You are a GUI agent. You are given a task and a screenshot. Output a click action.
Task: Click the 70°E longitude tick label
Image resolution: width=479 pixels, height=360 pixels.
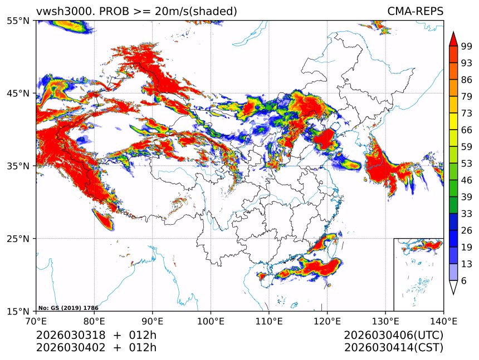[36, 321]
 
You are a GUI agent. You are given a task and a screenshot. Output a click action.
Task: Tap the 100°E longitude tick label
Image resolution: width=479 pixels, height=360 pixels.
[211, 321]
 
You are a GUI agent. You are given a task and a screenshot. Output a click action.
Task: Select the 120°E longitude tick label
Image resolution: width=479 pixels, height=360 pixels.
[327, 321]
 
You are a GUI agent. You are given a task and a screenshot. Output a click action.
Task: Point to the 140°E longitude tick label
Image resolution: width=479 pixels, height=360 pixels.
[443, 321]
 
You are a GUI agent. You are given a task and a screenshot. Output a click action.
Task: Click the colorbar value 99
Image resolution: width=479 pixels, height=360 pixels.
[466, 46]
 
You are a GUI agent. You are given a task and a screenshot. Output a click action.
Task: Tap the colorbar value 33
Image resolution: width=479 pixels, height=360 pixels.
[466, 214]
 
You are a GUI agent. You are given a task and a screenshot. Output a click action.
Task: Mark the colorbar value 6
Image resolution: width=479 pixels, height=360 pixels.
[463, 281]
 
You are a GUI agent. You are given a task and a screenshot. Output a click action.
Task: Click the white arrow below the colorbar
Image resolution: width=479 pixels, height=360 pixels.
[453, 287]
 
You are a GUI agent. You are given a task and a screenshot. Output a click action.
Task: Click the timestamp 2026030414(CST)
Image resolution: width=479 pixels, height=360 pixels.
[393, 348]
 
